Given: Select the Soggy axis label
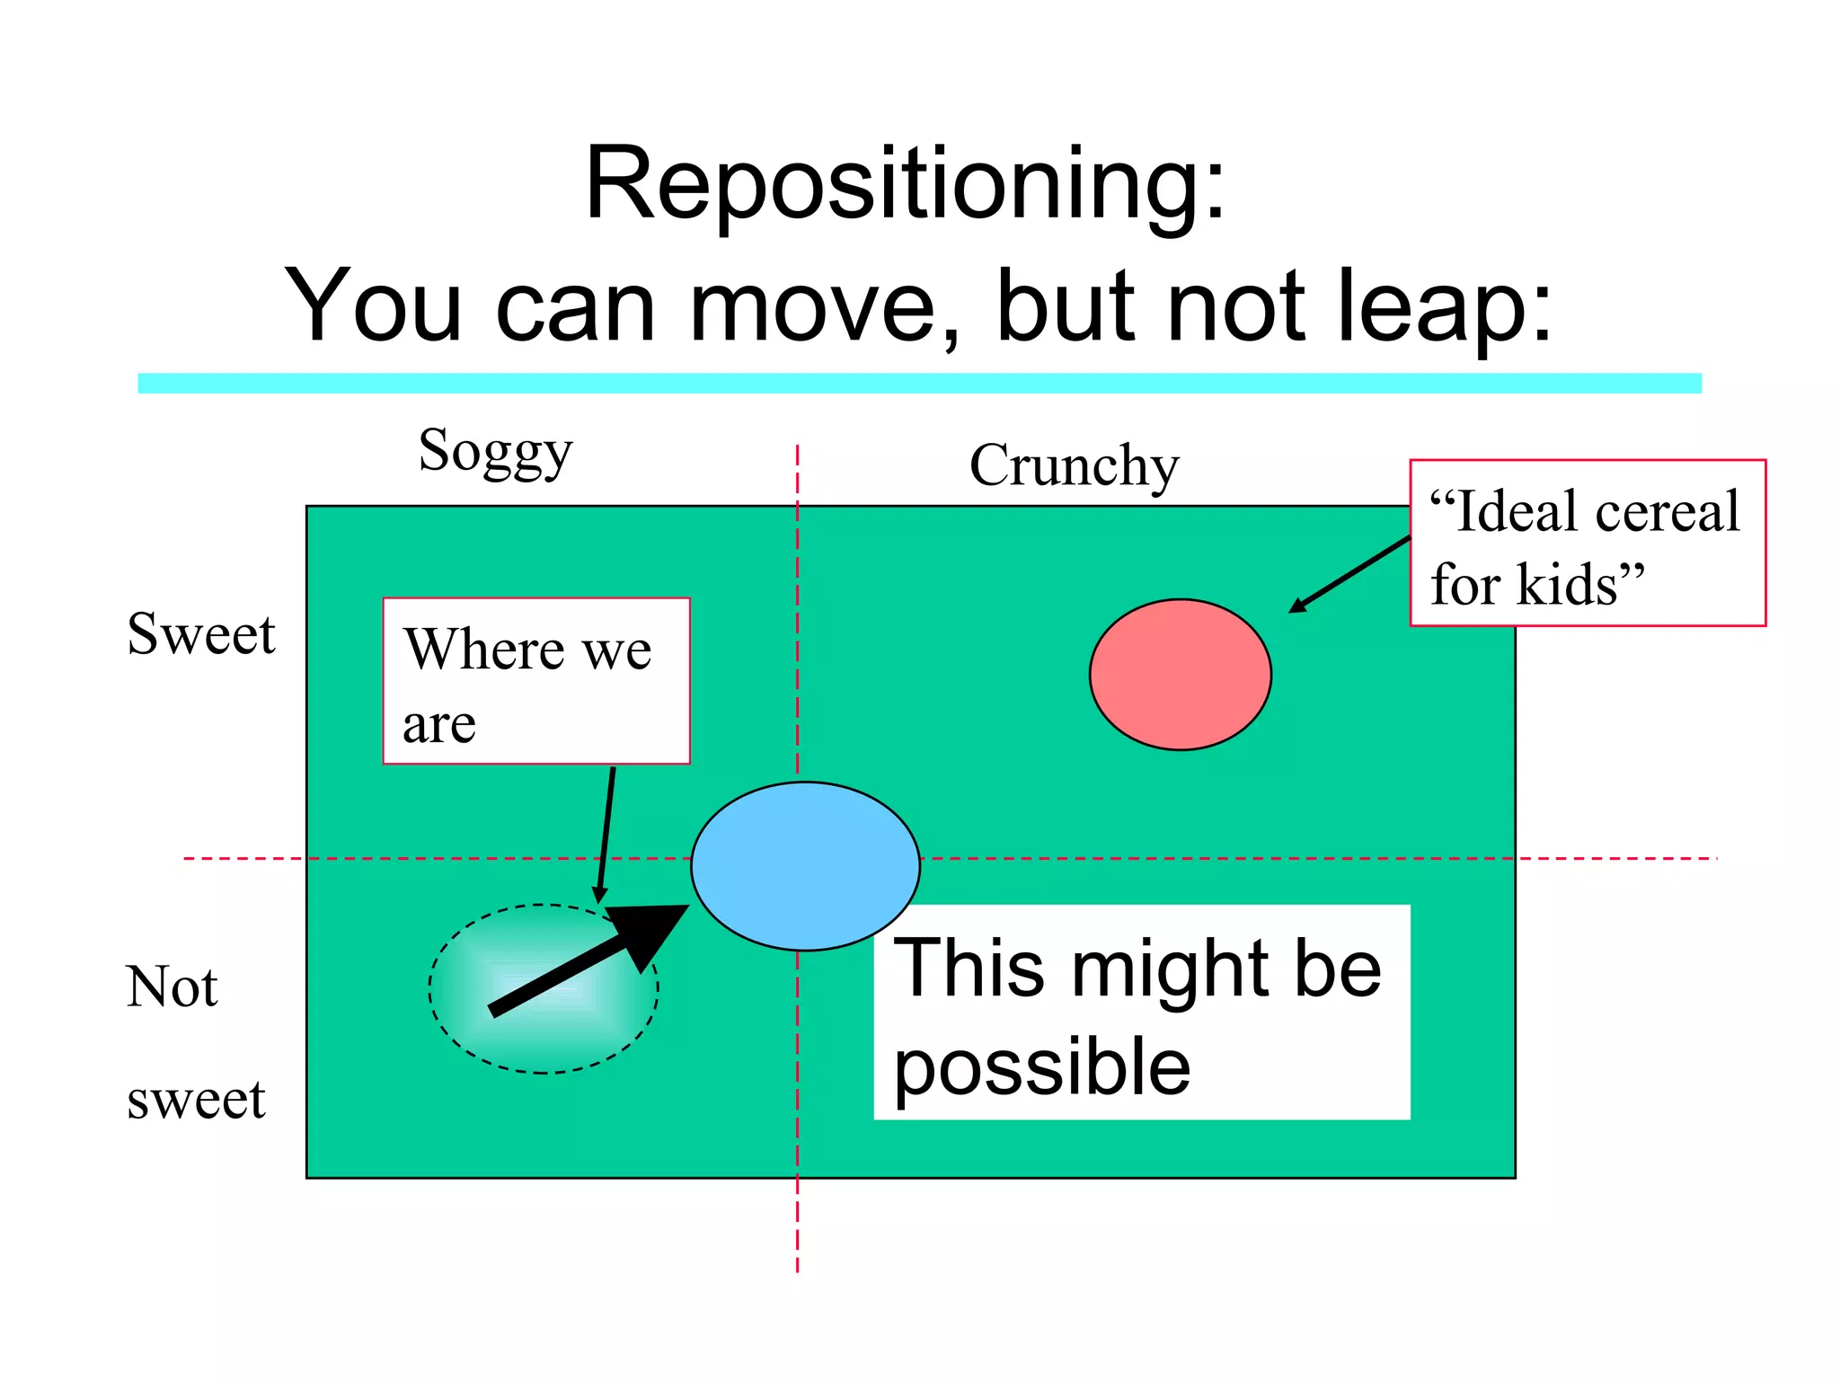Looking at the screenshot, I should [x=495, y=452].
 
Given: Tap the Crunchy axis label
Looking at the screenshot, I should [x=1074, y=466].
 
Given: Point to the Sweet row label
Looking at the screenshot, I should [x=201, y=634].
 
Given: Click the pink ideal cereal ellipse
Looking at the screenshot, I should [x=1180, y=674].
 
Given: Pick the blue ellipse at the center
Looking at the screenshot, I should [x=805, y=865].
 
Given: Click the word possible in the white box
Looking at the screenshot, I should [x=1042, y=1067].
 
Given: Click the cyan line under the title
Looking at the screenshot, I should [x=919, y=384].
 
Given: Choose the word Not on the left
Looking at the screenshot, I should [x=172, y=986].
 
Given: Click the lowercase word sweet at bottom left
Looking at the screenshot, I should [x=196, y=1100].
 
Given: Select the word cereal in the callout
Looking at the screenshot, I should [x=1667, y=512].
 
